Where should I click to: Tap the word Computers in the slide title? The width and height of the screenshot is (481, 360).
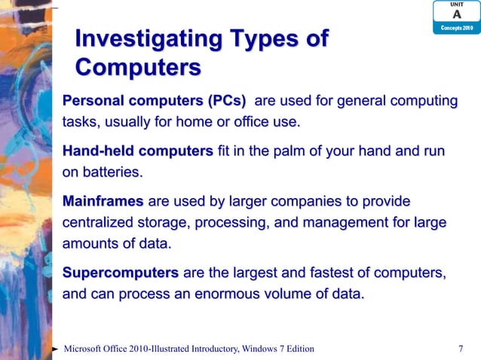coord(138,68)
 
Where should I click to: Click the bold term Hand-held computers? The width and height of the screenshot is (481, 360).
coord(137,153)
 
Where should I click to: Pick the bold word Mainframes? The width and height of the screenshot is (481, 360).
coord(103,202)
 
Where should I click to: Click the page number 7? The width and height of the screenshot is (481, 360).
coord(461,348)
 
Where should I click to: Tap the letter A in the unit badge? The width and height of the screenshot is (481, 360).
coord(456,15)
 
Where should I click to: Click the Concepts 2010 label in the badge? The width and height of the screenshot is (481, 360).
coord(456,28)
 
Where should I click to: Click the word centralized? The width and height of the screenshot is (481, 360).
coord(100,223)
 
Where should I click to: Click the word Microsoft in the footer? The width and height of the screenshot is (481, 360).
coord(90,348)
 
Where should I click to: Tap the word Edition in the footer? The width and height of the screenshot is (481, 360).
coord(296,348)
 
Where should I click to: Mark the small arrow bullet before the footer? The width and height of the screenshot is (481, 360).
coord(56,349)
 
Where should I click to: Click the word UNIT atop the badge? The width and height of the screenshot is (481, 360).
coord(456,5)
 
